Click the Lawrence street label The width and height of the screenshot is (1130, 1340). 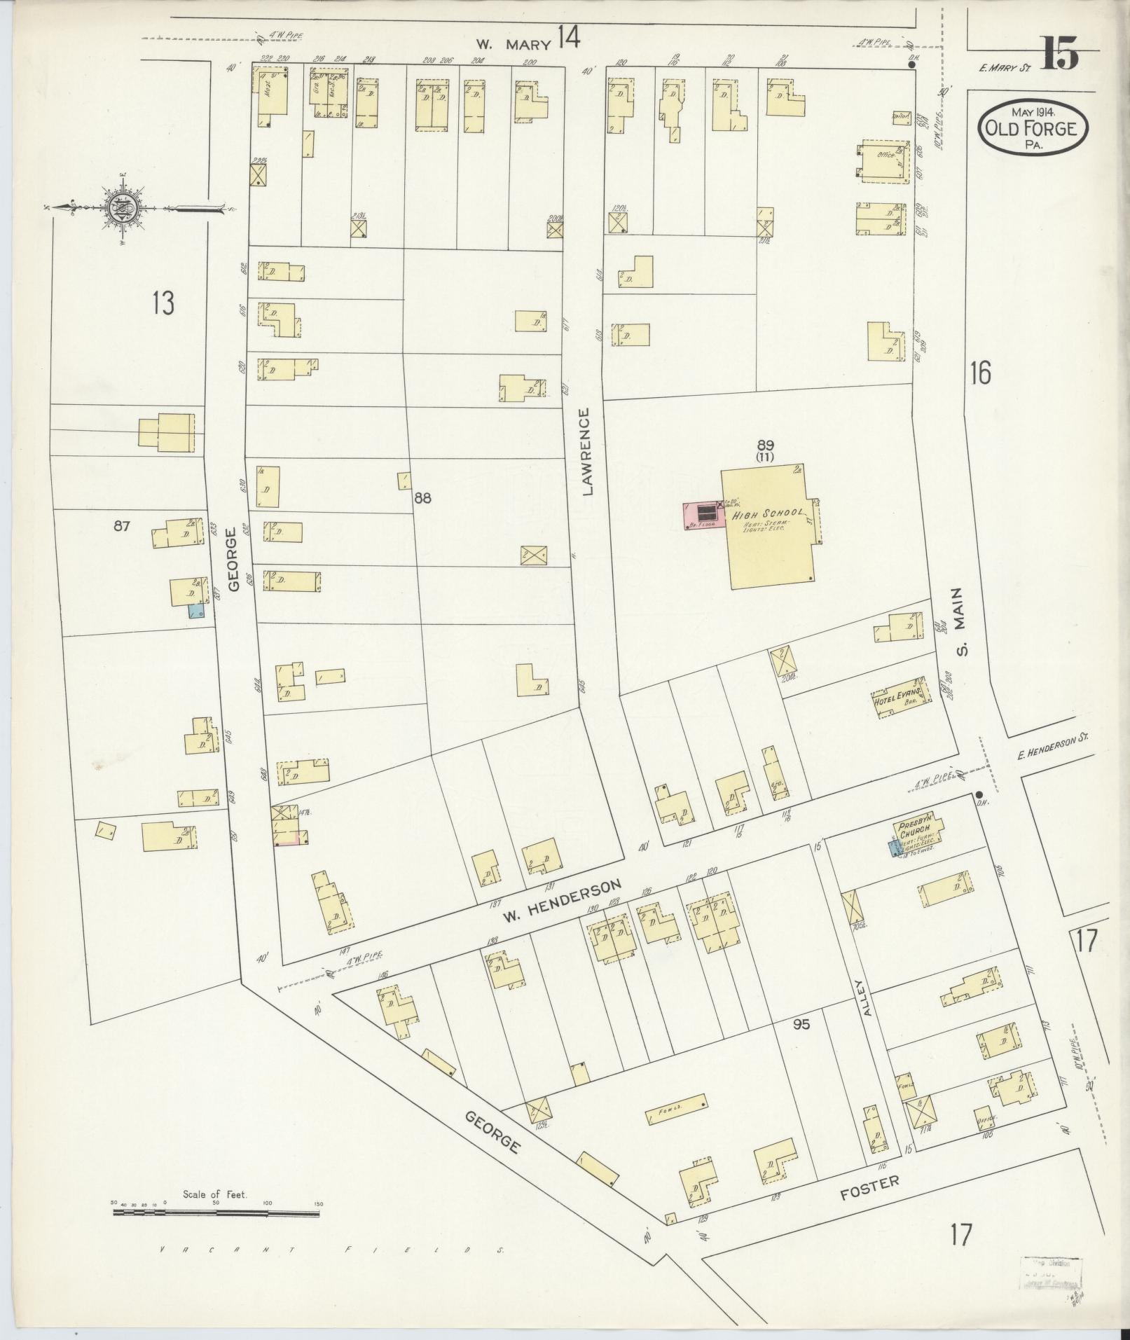pyautogui.click(x=586, y=452)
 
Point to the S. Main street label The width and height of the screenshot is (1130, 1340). pyautogui.click(x=962, y=621)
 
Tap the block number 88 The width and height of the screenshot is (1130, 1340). pyautogui.click(x=422, y=498)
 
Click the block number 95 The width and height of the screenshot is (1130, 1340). pyautogui.click(x=801, y=1024)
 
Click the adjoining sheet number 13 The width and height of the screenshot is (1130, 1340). pyautogui.click(x=163, y=304)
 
